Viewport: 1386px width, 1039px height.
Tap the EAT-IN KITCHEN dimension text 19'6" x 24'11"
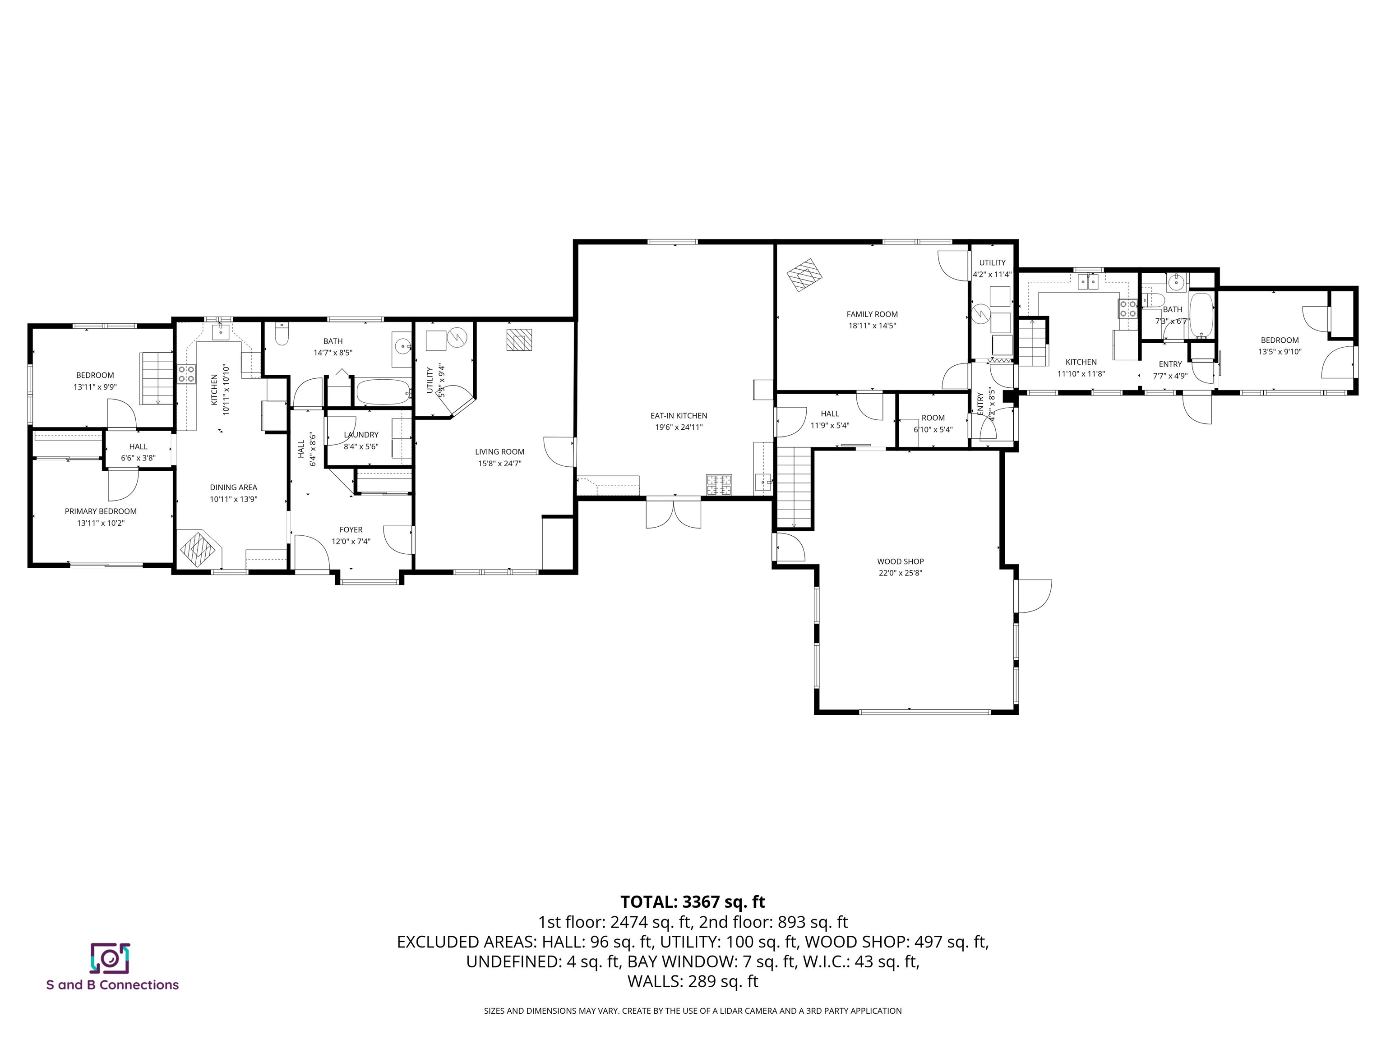point(679,427)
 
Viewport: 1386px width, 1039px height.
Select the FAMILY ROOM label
point(872,314)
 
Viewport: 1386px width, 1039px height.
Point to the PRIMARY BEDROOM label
point(100,511)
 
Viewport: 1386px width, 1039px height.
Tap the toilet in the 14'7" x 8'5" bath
point(282,336)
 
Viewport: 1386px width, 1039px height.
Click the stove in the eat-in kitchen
point(719,484)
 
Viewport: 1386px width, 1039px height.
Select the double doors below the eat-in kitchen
point(674,513)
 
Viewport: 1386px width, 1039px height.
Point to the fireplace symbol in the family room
point(804,275)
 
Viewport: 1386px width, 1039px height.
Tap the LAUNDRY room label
point(361,435)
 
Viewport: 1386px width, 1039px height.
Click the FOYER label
point(351,530)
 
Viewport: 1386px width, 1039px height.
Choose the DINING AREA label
point(233,487)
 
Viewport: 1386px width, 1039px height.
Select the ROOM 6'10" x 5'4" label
point(933,418)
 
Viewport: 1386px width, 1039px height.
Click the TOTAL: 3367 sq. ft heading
point(693,902)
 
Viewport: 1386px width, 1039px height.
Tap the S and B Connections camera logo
point(110,958)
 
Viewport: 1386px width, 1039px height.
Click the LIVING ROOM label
point(499,451)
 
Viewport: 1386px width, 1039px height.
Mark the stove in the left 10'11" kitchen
point(186,374)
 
